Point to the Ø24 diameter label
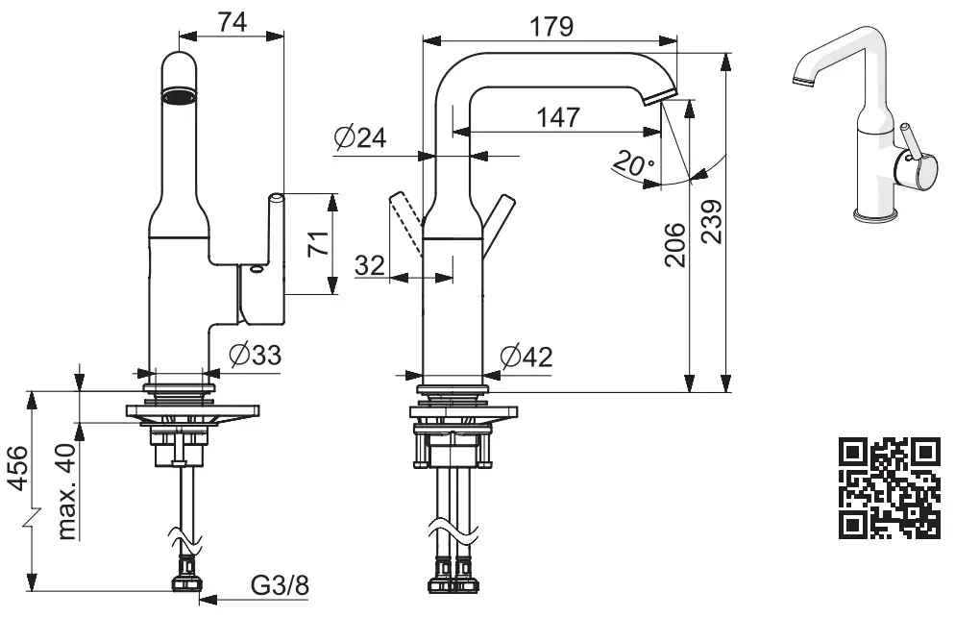(x=360, y=139)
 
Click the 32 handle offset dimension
(x=370, y=265)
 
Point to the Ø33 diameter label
(x=256, y=356)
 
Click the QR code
(x=889, y=487)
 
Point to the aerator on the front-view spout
(x=179, y=95)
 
